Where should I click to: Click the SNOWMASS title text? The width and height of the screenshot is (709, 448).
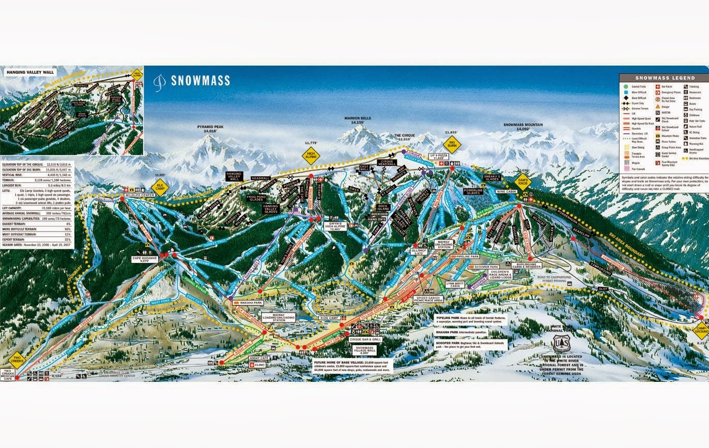click(x=200, y=81)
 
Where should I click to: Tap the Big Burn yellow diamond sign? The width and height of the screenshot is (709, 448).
click(x=451, y=143)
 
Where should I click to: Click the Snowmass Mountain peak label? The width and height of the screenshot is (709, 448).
click(x=523, y=127)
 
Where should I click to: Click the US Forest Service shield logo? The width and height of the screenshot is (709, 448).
click(x=560, y=343)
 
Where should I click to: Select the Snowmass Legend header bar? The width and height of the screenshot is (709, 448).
click(x=664, y=78)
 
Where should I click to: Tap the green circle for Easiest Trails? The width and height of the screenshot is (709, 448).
click(x=626, y=87)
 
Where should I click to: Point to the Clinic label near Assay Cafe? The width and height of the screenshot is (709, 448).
click(x=259, y=365)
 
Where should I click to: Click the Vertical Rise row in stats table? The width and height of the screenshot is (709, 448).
click(x=37, y=174)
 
